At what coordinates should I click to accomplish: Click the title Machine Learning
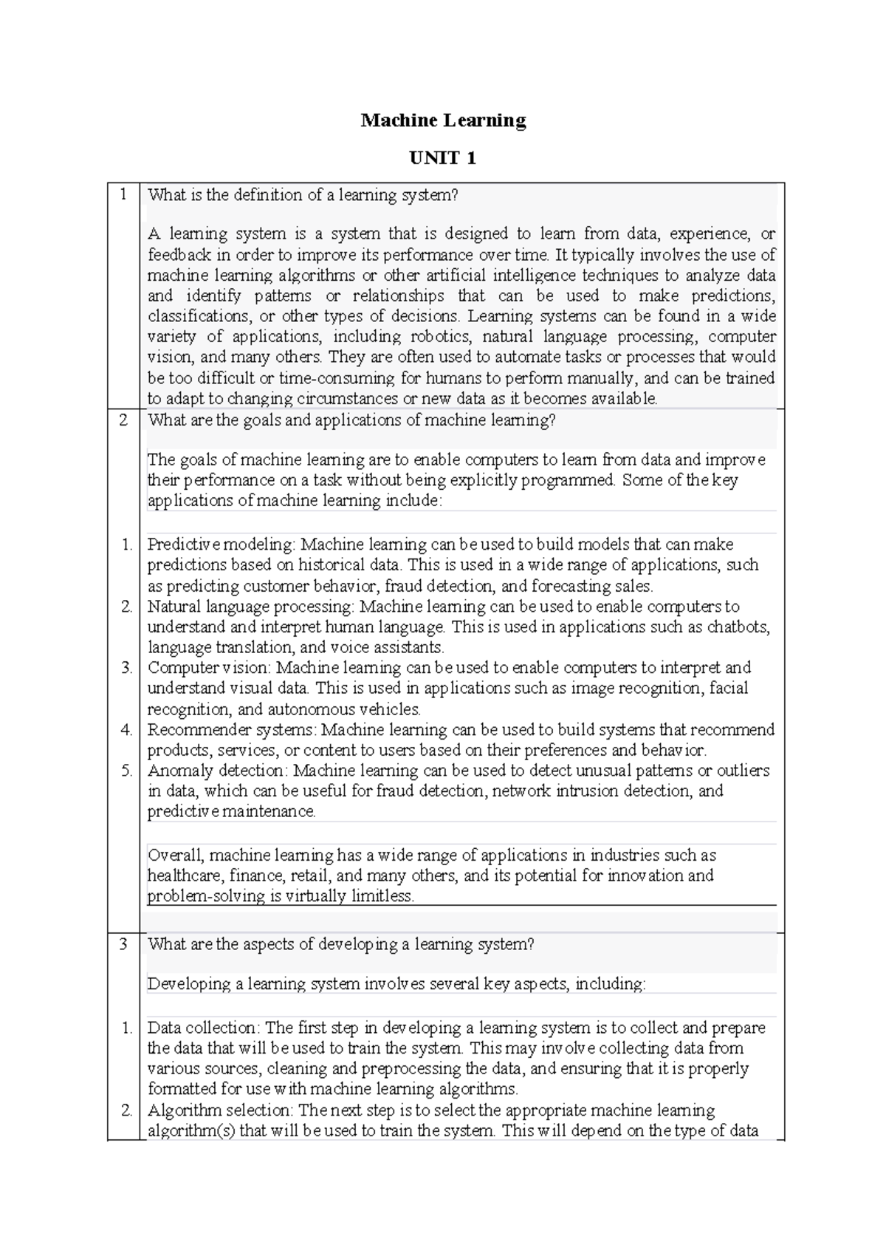point(443,120)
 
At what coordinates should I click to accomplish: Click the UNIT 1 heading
point(443,157)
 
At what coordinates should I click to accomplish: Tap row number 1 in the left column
point(123,194)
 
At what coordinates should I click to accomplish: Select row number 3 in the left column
point(123,943)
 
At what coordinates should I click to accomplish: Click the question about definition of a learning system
point(303,195)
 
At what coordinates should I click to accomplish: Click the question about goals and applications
point(351,420)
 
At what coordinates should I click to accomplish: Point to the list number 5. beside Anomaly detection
point(127,771)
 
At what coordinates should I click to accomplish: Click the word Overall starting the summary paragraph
point(175,856)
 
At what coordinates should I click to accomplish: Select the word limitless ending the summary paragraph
point(382,896)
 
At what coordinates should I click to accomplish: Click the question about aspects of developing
point(340,944)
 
